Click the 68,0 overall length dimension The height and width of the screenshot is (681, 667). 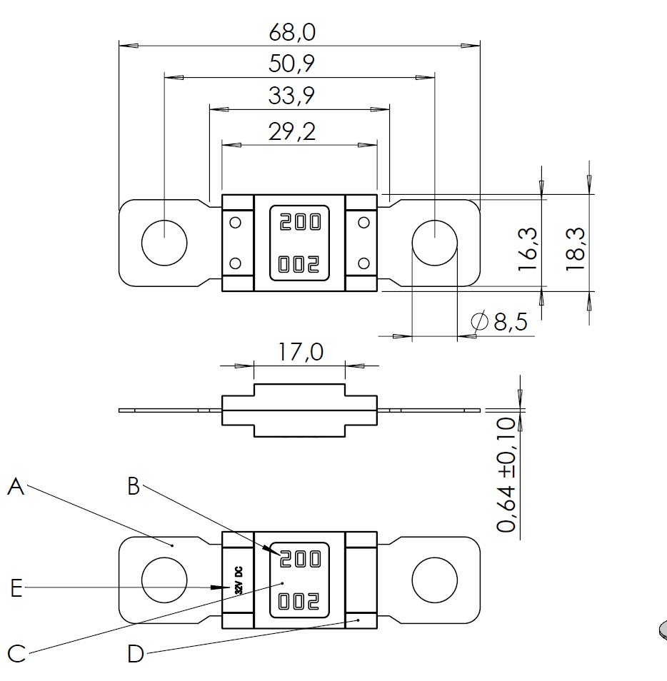[292, 33]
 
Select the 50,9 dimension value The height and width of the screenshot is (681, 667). [292, 64]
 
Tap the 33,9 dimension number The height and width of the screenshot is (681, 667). [292, 95]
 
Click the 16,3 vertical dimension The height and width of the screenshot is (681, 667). [528, 248]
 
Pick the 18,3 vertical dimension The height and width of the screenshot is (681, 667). [576, 248]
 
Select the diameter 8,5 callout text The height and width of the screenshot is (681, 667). [501, 322]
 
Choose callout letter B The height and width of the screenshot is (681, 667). [134, 486]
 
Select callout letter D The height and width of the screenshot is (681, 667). [136, 652]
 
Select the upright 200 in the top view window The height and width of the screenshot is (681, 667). [300, 223]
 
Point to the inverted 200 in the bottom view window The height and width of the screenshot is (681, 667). [300, 601]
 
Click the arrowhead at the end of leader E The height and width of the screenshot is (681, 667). [216, 587]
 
